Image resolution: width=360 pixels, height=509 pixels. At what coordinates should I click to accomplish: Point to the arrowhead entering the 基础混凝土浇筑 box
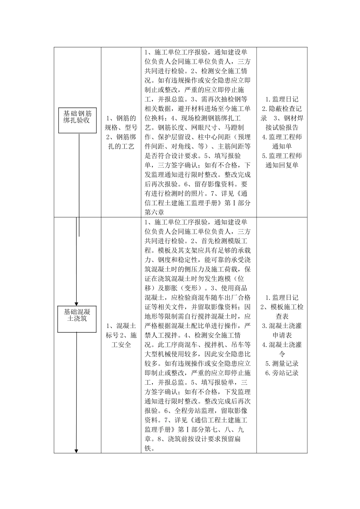(x=77, y=304)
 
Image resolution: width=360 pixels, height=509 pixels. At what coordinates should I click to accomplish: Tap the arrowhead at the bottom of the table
(x=77, y=451)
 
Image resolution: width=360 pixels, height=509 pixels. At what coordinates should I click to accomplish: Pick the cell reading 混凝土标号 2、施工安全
(x=121, y=335)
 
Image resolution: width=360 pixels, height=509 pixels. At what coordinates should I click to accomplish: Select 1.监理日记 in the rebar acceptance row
(x=282, y=99)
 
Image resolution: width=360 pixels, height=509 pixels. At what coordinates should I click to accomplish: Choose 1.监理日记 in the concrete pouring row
(x=282, y=298)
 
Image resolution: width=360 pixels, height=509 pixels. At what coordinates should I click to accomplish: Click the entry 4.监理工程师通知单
(x=282, y=142)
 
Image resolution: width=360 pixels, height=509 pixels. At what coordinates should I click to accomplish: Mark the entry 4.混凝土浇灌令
(x=282, y=349)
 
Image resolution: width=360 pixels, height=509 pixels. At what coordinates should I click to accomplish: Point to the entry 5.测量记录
(x=282, y=363)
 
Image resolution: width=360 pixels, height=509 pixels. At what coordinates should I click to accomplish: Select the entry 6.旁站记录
(x=282, y=373)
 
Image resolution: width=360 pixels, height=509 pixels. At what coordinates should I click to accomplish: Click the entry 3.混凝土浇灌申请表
(x=282, y=330)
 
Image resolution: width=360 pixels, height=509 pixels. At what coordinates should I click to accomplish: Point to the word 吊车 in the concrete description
(x=237, y=345)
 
